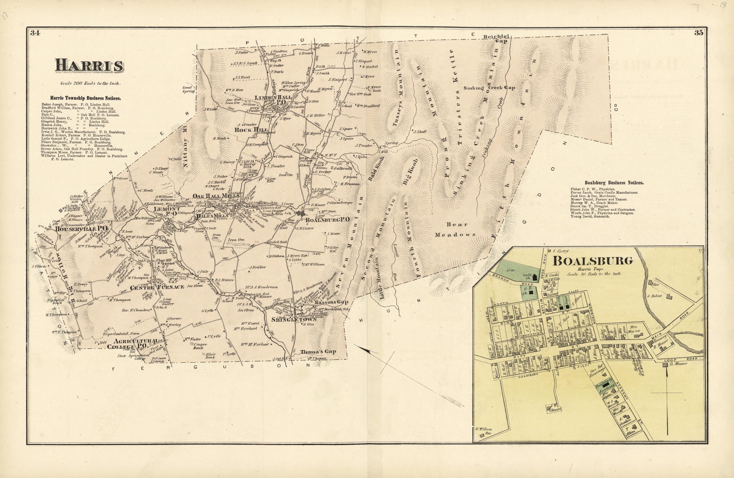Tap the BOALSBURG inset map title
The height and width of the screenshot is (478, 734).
coord(592,261)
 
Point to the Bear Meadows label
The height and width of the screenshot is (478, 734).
coord(456,229)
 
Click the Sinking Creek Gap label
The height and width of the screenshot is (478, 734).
coord(489,88)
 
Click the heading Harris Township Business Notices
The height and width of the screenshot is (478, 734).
coord(85,98)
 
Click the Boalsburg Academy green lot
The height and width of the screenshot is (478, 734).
coord(604,387)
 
